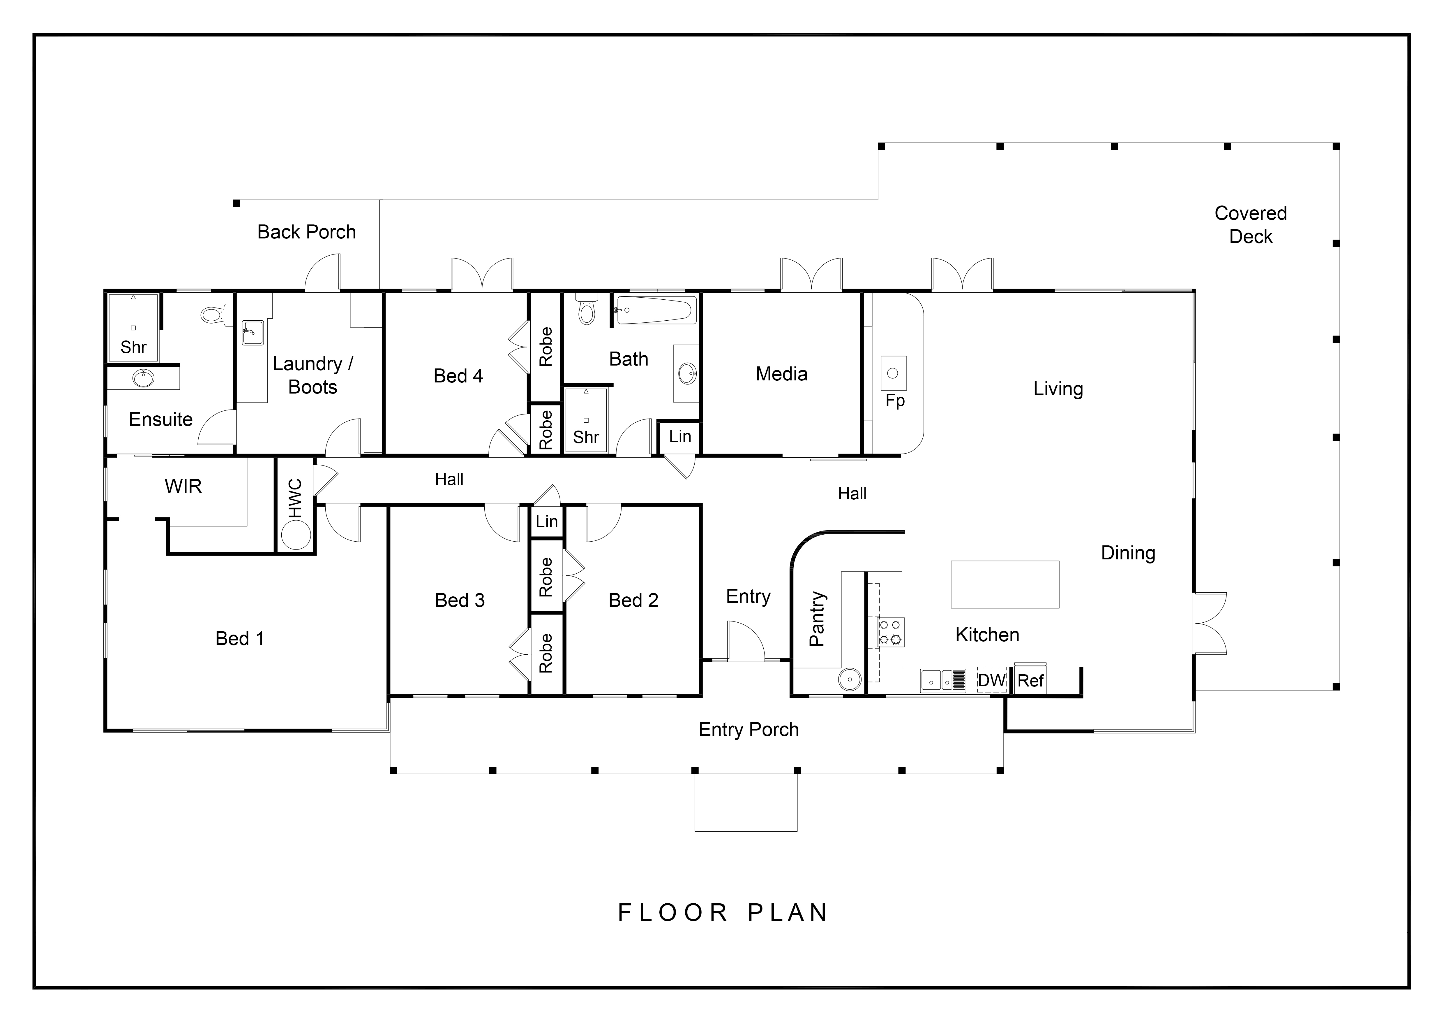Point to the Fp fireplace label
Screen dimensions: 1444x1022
pos(895,401)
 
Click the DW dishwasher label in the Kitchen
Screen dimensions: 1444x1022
pos(992,680)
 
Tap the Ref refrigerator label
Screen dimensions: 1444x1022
pos(1030,680)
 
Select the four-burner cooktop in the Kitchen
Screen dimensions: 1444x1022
pos(891,633)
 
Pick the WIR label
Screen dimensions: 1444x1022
pos(183,487)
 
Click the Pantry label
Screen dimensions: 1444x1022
pos(817,619)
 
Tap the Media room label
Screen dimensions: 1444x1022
pos(781,374)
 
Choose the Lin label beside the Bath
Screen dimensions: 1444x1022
pos(680,436)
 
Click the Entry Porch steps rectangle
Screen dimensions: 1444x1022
pos(746,803)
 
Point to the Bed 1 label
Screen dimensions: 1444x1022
pos(240,639)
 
